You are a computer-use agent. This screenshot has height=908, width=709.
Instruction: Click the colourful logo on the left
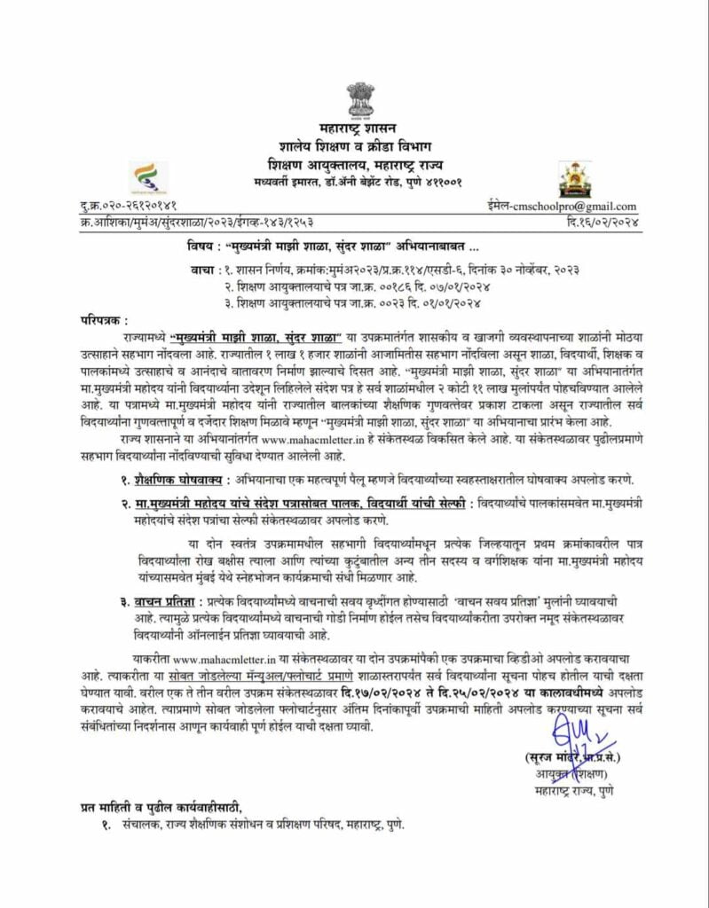(143, 176)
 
